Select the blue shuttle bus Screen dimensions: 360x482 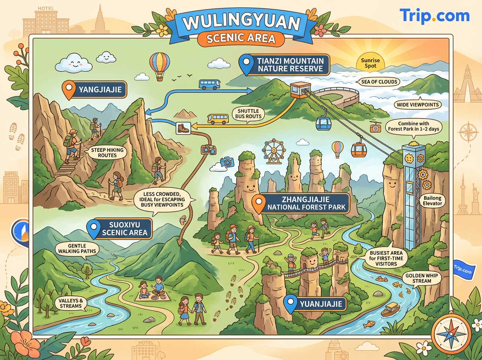(210, 84)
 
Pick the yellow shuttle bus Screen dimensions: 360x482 (218, 119)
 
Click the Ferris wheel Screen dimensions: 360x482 (273, 152)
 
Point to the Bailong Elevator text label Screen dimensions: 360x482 (432, 200)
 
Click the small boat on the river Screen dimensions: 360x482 (390, 309)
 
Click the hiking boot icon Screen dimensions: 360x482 (182, 128)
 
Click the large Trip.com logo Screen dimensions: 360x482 (434, 16)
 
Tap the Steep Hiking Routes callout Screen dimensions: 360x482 (107, 152)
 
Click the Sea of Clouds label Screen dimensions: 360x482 (379, 82)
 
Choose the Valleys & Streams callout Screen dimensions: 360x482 (70, 303)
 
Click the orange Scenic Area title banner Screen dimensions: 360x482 (241, 39)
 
